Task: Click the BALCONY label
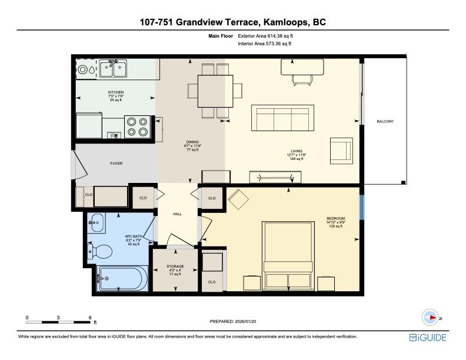click(x=385, y=121)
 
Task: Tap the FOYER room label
click(x=116, y=163)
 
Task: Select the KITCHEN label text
click(x=115, y=92)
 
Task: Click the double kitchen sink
click(x=114, y=69)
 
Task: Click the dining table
click(x=215, y=91)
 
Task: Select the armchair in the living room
click(x=341, y=150)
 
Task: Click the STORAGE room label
click(x=175, y=266)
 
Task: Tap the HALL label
click(x=177, y=214)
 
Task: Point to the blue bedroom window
click(x=362, y=205)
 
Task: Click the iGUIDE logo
click(x=428, y=337)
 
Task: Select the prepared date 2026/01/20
click(x=233, y=321)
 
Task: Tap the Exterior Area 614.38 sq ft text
click(x=264, y=36)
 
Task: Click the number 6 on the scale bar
click(x=89, y=317)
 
